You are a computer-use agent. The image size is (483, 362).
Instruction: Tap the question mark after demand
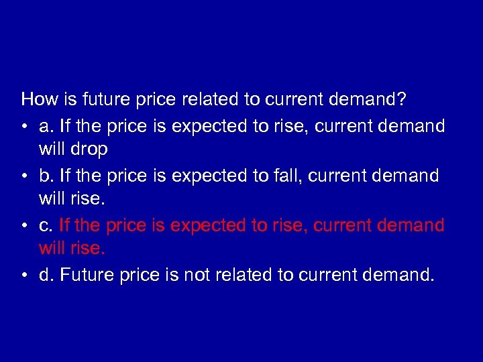[400, 100]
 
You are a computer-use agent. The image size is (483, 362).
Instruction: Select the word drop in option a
[91, 149]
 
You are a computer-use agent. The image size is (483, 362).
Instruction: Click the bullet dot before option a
[25, 126]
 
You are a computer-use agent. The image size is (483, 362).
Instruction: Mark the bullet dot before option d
[25, 275]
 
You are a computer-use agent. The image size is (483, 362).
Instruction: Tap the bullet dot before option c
[25, 225]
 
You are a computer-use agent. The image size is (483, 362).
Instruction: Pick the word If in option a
[65, 125]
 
